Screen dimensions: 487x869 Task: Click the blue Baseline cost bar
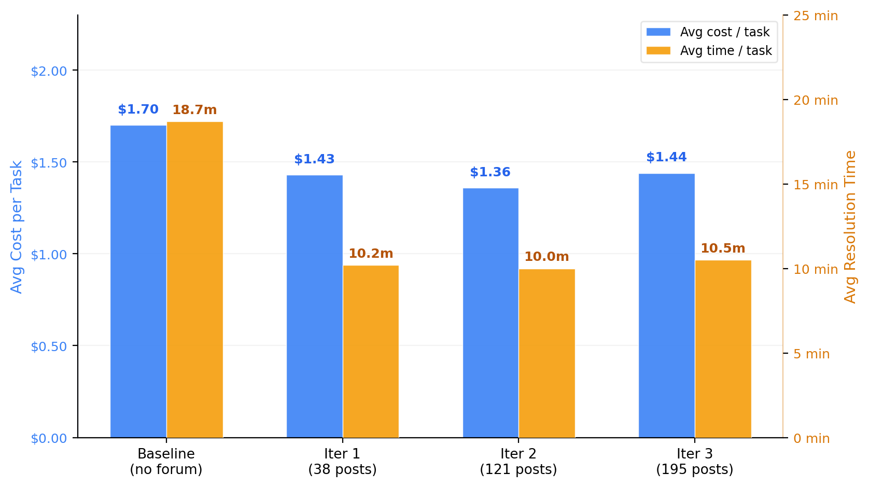[138, 281]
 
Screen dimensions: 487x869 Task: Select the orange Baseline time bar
[195, 280]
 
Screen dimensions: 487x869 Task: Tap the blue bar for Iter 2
[490, 313]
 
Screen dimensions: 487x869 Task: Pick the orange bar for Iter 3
[723, 349]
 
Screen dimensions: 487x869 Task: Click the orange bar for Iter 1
[371, 351]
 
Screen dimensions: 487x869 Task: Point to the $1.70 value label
[138, 109]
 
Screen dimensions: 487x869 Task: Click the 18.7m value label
[194, 110]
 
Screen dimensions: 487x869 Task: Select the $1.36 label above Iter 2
[490, 172]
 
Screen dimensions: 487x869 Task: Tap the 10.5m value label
[723, 248]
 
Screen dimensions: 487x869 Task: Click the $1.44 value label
[666, 157]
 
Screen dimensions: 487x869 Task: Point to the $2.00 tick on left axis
[49, 71]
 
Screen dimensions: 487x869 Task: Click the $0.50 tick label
[49, 346]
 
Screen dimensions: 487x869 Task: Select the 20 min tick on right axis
[815, 100]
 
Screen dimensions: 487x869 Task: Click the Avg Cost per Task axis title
[17, 227]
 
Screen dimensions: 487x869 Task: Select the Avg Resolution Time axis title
[850, 227]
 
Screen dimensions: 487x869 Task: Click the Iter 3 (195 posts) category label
[694, 462]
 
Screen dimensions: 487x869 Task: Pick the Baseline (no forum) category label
[166, 462]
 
